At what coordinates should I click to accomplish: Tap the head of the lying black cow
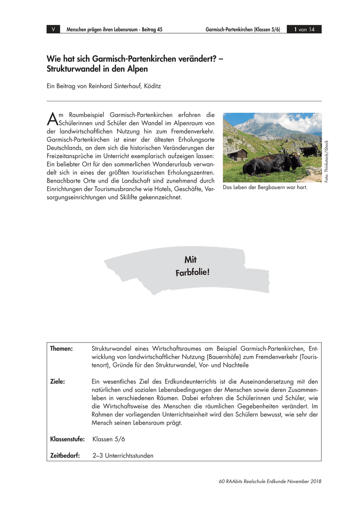293,159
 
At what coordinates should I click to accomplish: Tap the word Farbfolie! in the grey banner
192,272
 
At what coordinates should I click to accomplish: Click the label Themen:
61,349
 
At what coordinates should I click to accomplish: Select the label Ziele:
58,382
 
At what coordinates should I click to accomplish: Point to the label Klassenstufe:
67,439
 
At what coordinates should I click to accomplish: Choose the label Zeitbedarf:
65,456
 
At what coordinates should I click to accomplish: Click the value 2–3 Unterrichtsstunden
123,456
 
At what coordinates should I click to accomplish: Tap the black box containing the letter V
53,29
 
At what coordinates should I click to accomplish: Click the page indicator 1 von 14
304,29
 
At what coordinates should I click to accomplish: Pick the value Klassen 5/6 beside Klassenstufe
109,439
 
